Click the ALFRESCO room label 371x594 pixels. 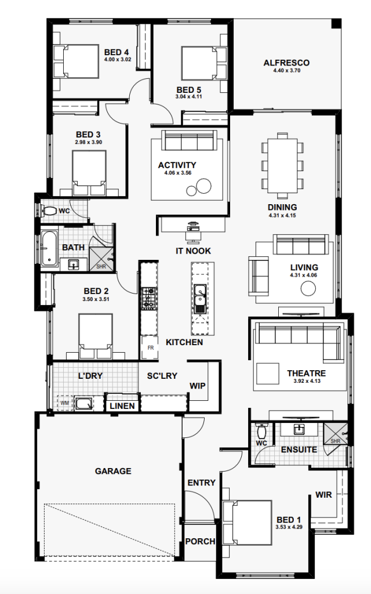[286, 63]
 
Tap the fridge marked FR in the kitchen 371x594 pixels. [150, 347]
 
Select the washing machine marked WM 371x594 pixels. [65, 403]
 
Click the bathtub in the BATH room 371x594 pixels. [49, 248]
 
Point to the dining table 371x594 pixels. [282, 165]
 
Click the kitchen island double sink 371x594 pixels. [199, 298]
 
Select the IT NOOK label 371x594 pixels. [193, 251]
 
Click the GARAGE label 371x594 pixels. [113, 471]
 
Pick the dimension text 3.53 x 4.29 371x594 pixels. [289, 527]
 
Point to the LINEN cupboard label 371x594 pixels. [122, 406]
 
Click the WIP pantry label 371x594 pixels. [197, 386]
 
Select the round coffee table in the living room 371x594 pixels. [308, 289]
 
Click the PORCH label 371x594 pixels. [200, 542]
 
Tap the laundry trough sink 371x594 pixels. [84, 403]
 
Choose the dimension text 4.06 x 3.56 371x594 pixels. [177, 173]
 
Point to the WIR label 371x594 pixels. [323, 495]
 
